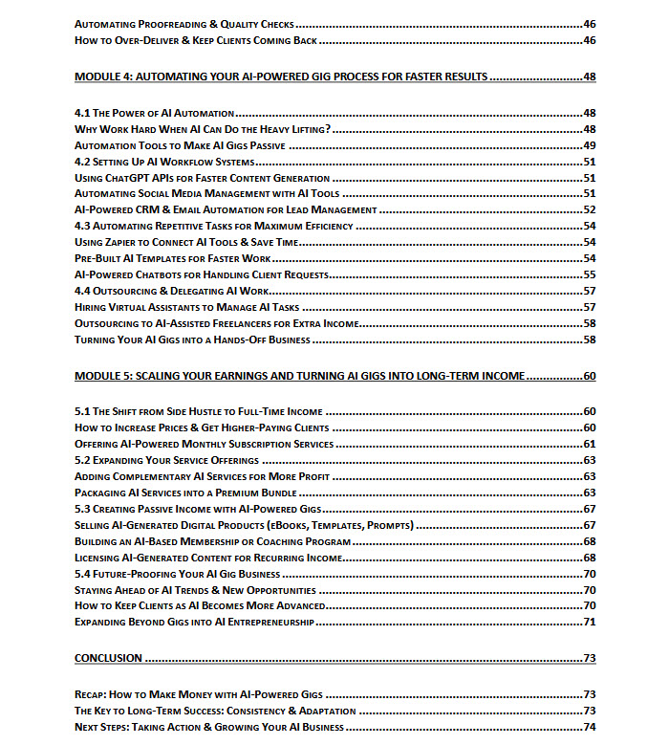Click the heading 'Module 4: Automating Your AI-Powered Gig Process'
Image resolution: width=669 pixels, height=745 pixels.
click(x=281, y=77)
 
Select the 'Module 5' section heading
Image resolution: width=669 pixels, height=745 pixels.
click(x=300, y=376)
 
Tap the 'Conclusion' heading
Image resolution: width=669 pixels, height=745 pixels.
click(x=108, y=658)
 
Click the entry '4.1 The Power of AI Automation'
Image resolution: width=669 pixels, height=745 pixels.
click(x=155, y=113)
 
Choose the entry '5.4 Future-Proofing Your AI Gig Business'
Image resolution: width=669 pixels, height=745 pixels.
click(x=178, y=575)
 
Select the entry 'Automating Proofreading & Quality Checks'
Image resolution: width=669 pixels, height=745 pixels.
click(x=184, y=23)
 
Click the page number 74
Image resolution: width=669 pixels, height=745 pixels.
click(x=589, y=728)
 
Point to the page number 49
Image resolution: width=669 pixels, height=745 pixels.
click(x=589, y=145)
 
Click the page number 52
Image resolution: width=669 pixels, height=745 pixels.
click(x=589, y=210)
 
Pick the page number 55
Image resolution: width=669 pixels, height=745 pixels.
click(x=589, y=275)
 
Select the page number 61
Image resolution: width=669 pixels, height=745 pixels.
click(x=589, y=445)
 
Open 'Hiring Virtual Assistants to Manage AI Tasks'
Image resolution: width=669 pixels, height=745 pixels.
click(x=186, y=308)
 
